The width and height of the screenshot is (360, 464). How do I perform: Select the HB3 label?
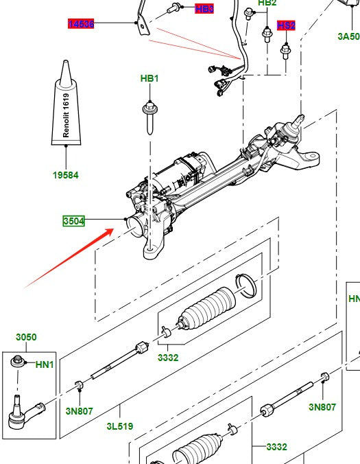coord(204,9)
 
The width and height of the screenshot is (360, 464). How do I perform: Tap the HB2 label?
coord(267,3)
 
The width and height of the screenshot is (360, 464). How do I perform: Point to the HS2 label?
coord(286,25)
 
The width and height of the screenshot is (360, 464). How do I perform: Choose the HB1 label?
coord(149,79)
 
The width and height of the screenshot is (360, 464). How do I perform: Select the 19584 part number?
coord(66,175)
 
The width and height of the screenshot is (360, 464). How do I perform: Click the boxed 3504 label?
coord(73,221)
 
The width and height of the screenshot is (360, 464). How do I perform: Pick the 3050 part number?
coord(26,337)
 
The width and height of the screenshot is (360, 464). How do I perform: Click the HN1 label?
coord(45,364)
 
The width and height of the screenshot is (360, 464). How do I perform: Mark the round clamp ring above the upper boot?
coord(245,285)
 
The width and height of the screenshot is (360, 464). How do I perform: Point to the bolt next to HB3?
coord(175,9)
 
